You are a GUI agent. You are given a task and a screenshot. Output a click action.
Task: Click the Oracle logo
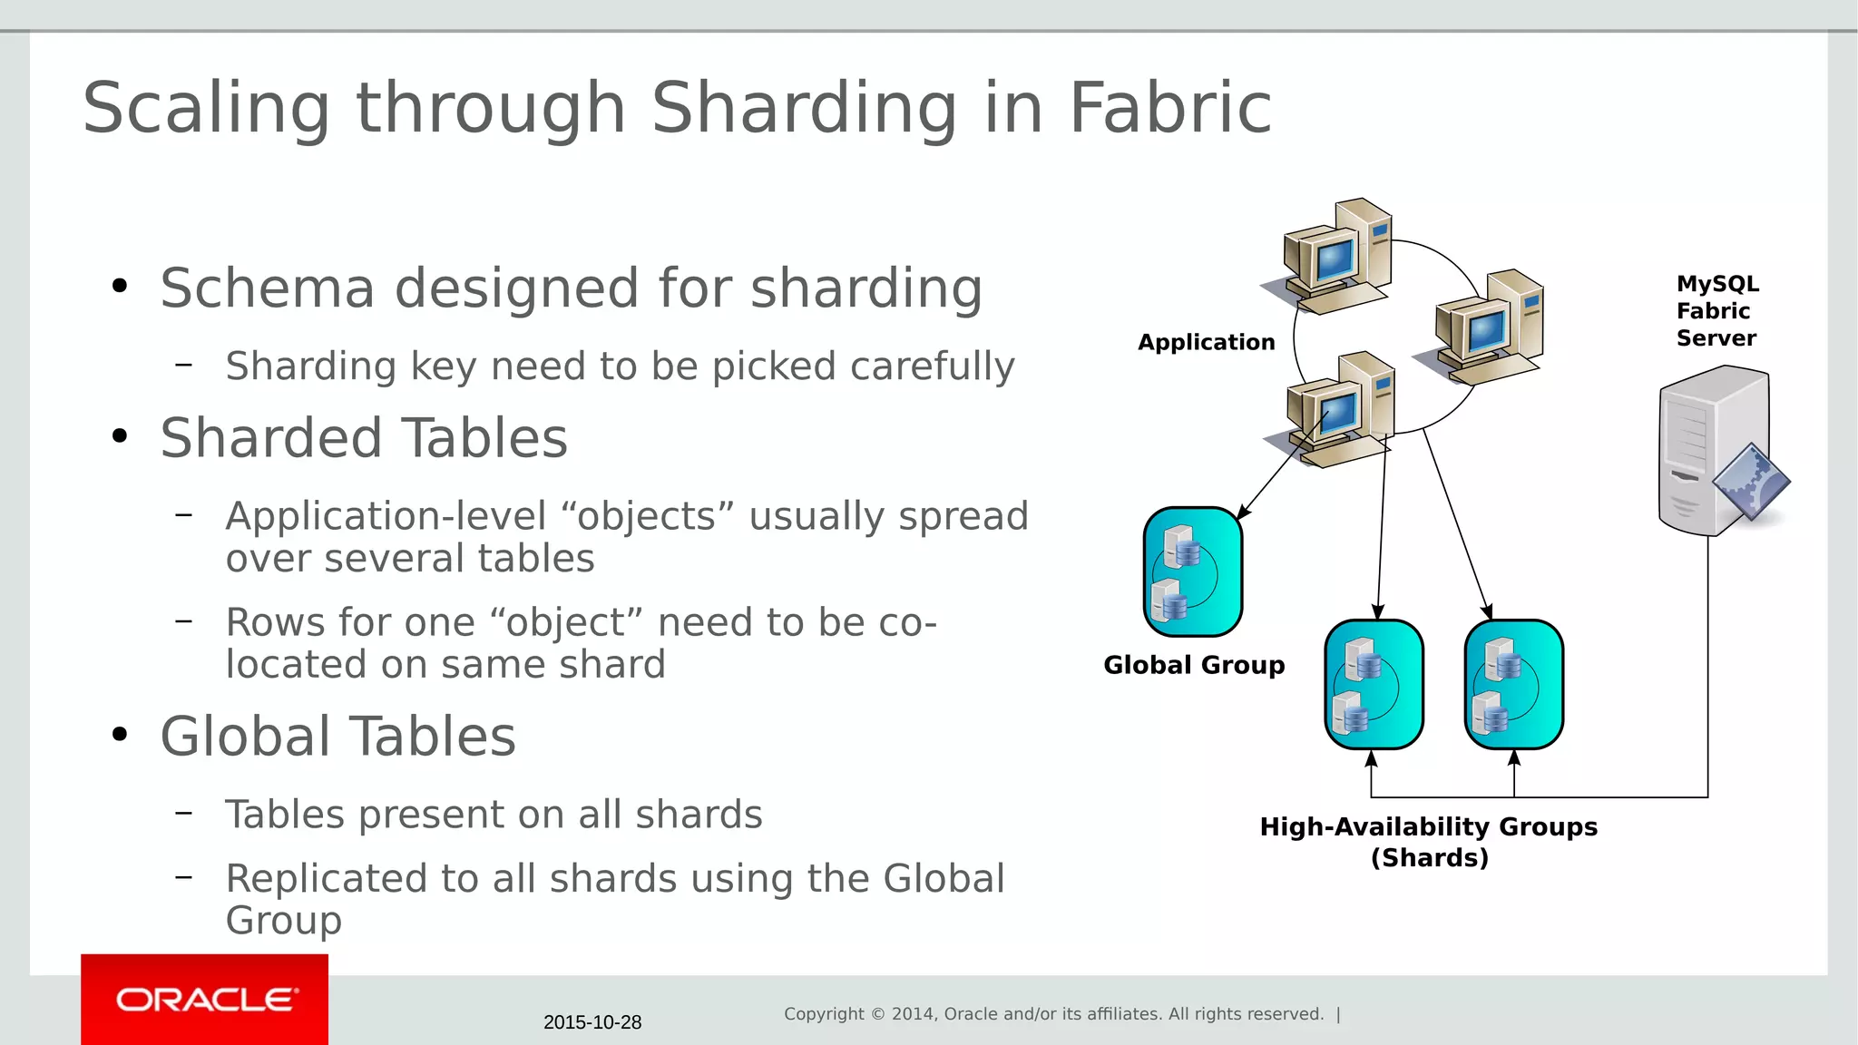tap(205, 1000)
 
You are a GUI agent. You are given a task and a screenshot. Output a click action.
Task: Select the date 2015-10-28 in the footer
tap(592, 1022)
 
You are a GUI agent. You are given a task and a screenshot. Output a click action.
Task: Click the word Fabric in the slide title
tap(1170, 108)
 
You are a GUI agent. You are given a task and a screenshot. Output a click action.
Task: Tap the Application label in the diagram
tap(1206, 342)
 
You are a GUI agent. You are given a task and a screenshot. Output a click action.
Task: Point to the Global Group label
tap(1194, 665)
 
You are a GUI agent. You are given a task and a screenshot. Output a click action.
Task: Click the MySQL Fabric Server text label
tap(1716, 311)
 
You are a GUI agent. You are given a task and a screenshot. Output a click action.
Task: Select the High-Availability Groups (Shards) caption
tap(1429, 842)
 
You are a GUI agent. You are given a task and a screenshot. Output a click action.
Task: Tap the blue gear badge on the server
tap(1751, 481)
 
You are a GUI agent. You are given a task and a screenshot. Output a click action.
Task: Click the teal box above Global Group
tap(1193, 571)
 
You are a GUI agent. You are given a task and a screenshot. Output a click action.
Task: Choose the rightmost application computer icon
tap(1487, 327)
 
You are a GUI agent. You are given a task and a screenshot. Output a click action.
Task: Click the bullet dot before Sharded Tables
tap(120, 437)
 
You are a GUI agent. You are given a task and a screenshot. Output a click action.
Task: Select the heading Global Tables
tap(337, 736)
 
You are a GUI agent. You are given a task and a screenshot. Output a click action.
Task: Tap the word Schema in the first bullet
tap(267, 288)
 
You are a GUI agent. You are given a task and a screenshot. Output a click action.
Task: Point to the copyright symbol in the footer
tap(877, 1014)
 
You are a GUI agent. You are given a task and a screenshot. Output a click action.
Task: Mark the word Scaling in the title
tap(206, 108)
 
